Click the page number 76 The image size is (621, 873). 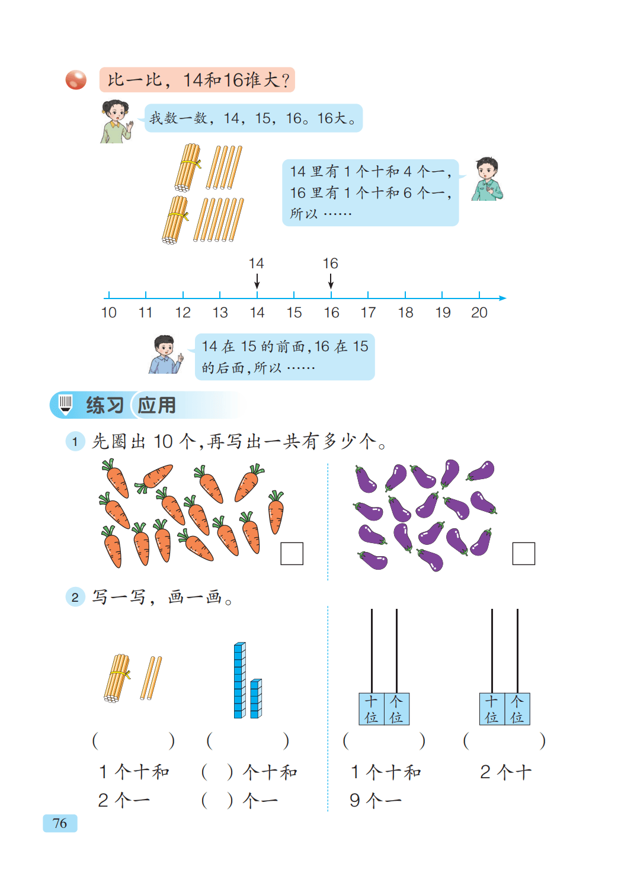(x=60, y=823)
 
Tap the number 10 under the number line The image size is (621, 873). (x=109, y=313)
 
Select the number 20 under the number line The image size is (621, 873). (x=479, y=313)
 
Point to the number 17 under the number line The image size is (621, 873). (x=368, y=313)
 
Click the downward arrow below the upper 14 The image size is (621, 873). (x=257, y=280)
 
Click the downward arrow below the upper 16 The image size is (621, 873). (x=331, y=280)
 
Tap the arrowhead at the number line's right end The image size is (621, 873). (x=502, y=298)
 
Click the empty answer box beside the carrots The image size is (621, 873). (x=292, y=554)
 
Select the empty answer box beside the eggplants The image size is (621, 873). (x=523, y=554)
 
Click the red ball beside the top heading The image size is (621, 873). (x=76, y=80)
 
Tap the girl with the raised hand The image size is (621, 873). (x=116, y=121)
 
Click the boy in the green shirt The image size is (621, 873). (x=487, y=179)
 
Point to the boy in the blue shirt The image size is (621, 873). (x=165, y=354)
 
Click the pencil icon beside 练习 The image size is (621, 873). (x=66, y=405)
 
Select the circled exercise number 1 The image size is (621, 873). (x=75, y=441)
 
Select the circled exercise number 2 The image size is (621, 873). (x=75, y=597)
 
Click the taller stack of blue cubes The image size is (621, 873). (x=239, y=680)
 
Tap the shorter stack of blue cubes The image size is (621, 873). (x=256, y=699)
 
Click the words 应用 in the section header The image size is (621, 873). (x=157, y=406)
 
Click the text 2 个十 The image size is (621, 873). (x=505, y=772)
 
